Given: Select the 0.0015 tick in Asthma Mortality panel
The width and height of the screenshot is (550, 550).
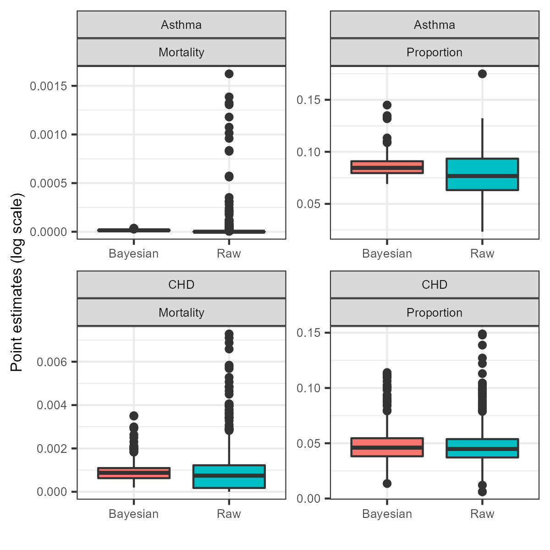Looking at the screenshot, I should (x=48, y=86).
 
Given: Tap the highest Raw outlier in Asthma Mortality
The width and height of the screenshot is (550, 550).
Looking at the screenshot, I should (x=229, y=74).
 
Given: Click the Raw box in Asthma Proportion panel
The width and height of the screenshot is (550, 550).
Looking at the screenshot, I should (x=482, y=174).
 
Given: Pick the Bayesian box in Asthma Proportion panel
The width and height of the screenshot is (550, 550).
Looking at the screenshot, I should (x=387, y=167).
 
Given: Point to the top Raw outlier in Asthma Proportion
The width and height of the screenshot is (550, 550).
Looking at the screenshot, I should (x=482, y=74).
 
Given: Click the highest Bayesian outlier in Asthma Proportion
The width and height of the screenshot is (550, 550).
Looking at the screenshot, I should (x=387, y=105).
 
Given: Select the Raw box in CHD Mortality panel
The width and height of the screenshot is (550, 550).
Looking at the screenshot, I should (x=229, y=477).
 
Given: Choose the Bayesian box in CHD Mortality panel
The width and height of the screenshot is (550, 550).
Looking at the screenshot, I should (x=134, y=473).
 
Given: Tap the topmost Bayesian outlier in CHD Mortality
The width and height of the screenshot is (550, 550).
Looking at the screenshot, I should (x=134, y=416).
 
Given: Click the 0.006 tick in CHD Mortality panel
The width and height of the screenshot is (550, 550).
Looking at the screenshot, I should (x=51, y=362).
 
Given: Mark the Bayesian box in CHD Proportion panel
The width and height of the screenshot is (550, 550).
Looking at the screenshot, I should (x=387, y=447).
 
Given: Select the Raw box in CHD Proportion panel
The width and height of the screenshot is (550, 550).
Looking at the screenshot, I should (x=482, y=448).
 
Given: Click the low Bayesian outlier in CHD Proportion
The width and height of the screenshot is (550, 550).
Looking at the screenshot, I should (x=387, y=483).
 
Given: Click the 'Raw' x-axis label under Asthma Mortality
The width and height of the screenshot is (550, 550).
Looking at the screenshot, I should (x=229, y=253).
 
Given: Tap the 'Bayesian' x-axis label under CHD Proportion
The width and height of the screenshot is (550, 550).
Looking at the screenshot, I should (x=387, y=514).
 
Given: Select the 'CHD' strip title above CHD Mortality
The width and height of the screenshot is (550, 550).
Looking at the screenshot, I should (x=181, y=285).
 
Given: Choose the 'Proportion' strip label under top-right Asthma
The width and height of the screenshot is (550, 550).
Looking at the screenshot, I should (x=434, y=52).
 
